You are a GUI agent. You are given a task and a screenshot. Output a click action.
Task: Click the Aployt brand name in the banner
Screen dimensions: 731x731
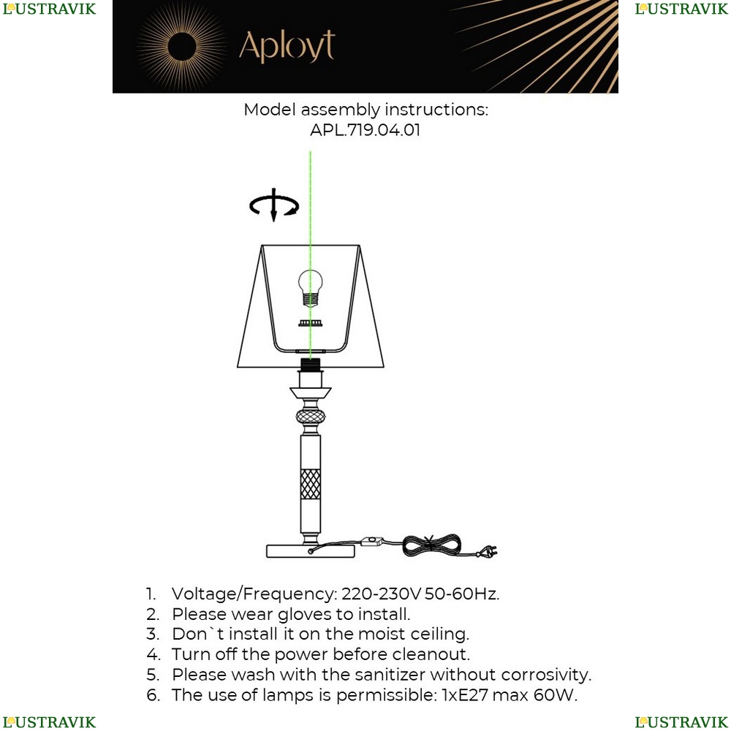tap(287, 46)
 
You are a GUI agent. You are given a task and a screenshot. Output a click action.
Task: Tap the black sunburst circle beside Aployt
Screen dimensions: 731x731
tap(182, 47)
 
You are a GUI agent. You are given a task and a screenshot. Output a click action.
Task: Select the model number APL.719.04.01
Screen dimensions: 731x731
tap(365, 129)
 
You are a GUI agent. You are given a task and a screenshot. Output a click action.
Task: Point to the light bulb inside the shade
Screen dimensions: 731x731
tap(310, 287)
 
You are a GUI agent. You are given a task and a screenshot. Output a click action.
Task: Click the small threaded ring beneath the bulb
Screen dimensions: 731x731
tap(311, 322)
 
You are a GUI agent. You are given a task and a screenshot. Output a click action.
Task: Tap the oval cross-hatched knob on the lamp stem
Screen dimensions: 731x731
tap(311, 417)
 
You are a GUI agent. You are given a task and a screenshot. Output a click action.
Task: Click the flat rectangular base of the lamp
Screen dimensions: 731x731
tap(311, 551)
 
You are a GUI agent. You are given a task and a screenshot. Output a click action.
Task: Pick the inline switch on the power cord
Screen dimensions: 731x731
tap(372, 541)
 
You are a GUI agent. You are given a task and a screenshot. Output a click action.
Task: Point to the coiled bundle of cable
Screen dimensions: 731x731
tap(432, 545)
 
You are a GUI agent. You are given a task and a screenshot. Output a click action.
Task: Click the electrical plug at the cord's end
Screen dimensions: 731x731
tap(487, 551)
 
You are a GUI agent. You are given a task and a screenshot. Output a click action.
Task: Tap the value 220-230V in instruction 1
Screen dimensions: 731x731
tap(381, 594)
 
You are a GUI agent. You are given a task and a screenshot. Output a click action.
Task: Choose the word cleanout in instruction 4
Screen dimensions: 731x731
tap(431, 654)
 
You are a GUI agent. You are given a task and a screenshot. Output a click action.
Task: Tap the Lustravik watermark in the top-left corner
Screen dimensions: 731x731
tap(49, 9)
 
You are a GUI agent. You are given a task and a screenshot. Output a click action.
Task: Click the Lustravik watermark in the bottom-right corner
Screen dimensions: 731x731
tap(681, 722)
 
